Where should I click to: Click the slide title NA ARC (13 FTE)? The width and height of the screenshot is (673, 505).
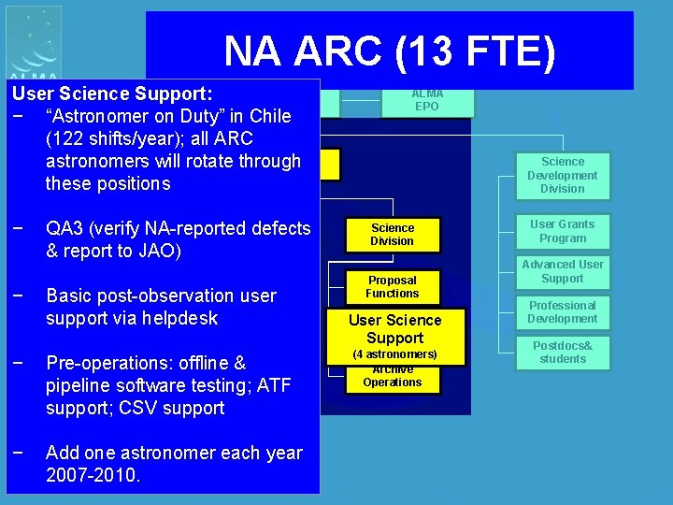coord(390,51)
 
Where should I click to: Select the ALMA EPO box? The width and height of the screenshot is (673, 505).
coord(427,100)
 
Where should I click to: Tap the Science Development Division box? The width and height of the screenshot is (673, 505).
coord(562,176)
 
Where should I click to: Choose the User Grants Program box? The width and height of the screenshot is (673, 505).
coord(562,231)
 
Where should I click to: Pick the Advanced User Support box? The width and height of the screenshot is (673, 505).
coord(562,271)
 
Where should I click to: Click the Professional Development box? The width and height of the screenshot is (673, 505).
coord(562,312)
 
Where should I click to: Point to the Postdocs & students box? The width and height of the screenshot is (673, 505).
coord(562,353)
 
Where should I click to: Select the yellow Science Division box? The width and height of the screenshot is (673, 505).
coord(393,235)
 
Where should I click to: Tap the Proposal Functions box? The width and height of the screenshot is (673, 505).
coord(393,287)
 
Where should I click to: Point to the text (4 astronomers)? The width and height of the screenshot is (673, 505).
coord(394,355)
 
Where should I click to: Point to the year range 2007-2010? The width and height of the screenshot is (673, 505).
coord(93,475)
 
